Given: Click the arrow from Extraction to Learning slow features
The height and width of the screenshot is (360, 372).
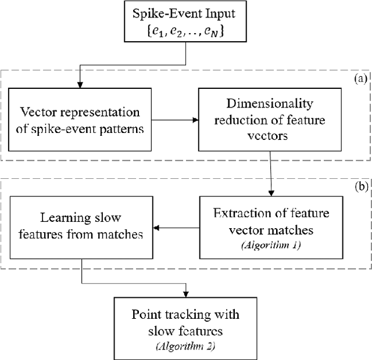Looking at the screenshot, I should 174,227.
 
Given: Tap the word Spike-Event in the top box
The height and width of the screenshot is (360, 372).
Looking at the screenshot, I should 169,13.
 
